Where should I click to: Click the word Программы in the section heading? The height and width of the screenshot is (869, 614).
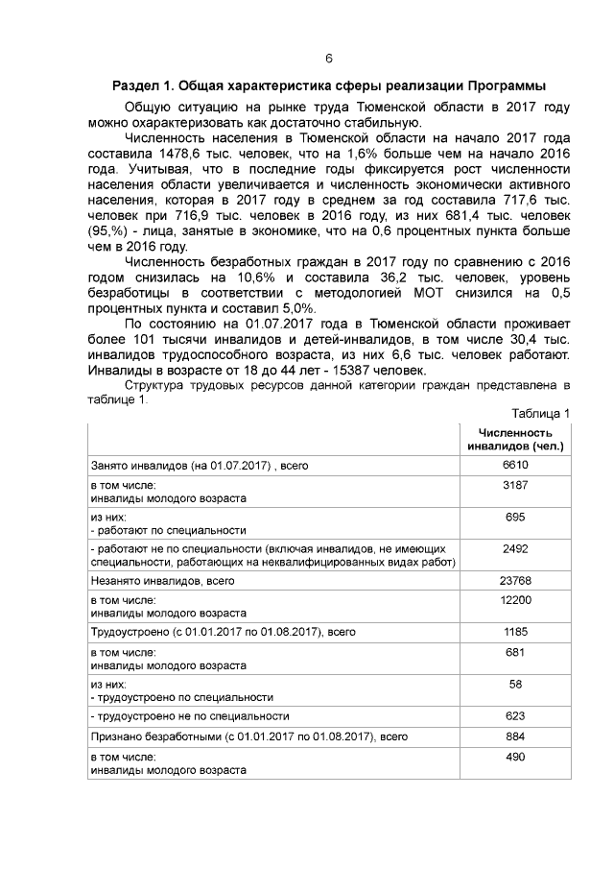pos(505,85)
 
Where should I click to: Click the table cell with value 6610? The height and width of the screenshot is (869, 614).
pos(516,465)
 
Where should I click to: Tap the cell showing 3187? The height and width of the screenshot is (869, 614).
pos(516,486)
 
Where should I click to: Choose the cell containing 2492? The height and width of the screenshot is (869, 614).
pos(516,548)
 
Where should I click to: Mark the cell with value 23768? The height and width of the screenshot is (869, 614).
pos(516,580)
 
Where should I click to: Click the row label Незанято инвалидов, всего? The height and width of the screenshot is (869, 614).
pos(162,580)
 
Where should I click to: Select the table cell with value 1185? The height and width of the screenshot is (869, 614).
pos(516,632)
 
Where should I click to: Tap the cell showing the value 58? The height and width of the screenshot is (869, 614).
pos(516,684)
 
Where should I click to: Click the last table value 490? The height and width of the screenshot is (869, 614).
pos(516,758)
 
